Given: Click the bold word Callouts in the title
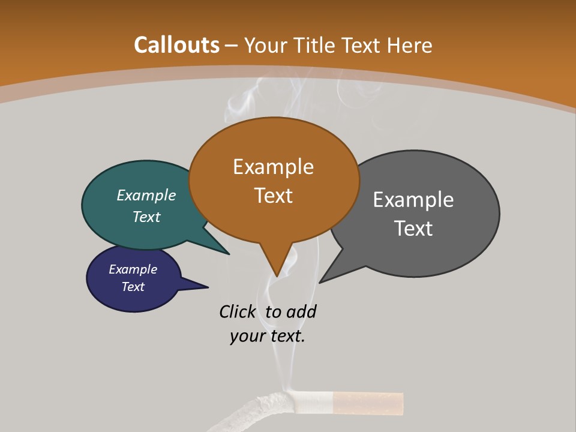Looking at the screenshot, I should pyautogui.click(x=176, y=45).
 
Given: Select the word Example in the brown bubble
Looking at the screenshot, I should pyautogui.click(x=273, y=167).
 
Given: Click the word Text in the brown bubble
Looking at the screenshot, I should pyautogui.click(x=273, y=196).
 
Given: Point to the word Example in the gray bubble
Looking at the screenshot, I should pyautogui.click(x=413, y=200).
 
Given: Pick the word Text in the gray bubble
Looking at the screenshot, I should pyautogui.click(x=413, y=229).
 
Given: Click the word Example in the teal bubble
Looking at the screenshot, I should pyautogui.click(x=146, y=195).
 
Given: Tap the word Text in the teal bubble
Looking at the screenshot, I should pyautogui.click(x=146, y=217).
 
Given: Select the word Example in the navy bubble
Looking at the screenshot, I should pyautogui.click(x=133, y=269).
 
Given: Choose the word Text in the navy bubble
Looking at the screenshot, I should pyautogui.click(x=133, y=287).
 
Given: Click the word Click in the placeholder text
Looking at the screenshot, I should pyautogui.click(x=237, y=312).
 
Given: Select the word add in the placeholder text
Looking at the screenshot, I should pyautogui.click(x=301, y=312).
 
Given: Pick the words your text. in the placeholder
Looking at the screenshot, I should pyautogui.click(x=267, y=336).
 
